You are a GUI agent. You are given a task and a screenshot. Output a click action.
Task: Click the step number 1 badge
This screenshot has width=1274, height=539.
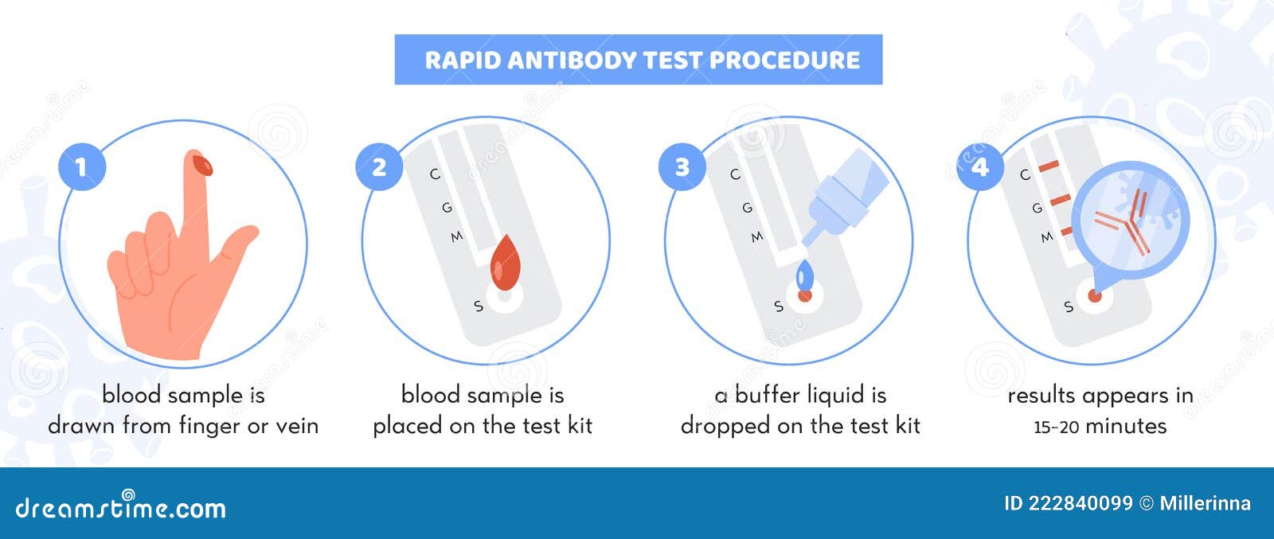[x=81, y=166]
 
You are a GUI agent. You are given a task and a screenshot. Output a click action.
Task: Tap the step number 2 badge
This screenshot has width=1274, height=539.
[x=379, y=166]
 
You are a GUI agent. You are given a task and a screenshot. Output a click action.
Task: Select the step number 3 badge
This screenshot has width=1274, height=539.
[x=682, y=166]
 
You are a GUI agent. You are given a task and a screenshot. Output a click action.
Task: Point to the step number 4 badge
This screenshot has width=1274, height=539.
[x=980, y=166]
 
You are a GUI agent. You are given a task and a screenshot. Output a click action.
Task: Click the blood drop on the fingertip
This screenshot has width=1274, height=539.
[x=202, y=165]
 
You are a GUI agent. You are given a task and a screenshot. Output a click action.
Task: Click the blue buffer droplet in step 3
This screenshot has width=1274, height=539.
[x=805, y=275]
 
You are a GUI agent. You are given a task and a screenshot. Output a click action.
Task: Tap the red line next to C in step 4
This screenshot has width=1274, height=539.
[x=1049, y=166]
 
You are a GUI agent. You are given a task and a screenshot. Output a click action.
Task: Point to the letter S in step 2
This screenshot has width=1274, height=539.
[x=478, y=306]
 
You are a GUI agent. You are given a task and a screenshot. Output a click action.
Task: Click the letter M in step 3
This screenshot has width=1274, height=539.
[x=756, y=236]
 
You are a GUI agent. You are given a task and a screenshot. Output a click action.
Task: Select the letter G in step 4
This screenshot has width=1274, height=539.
[x=1037, y=208]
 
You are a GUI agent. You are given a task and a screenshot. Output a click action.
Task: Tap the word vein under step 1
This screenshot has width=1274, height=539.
[x=296, y=426]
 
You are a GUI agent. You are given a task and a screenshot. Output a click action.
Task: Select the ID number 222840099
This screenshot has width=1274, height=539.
[x=1080, y=503]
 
